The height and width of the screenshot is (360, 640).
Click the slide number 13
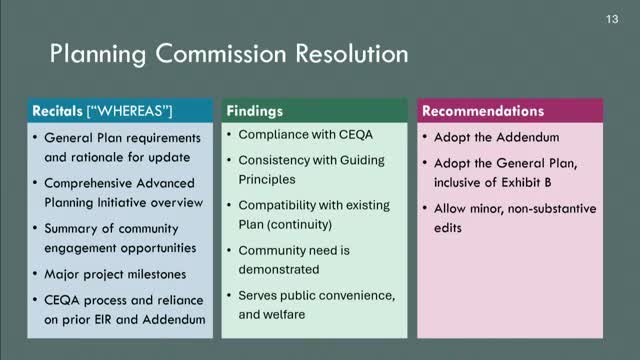(x=612, y=20)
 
